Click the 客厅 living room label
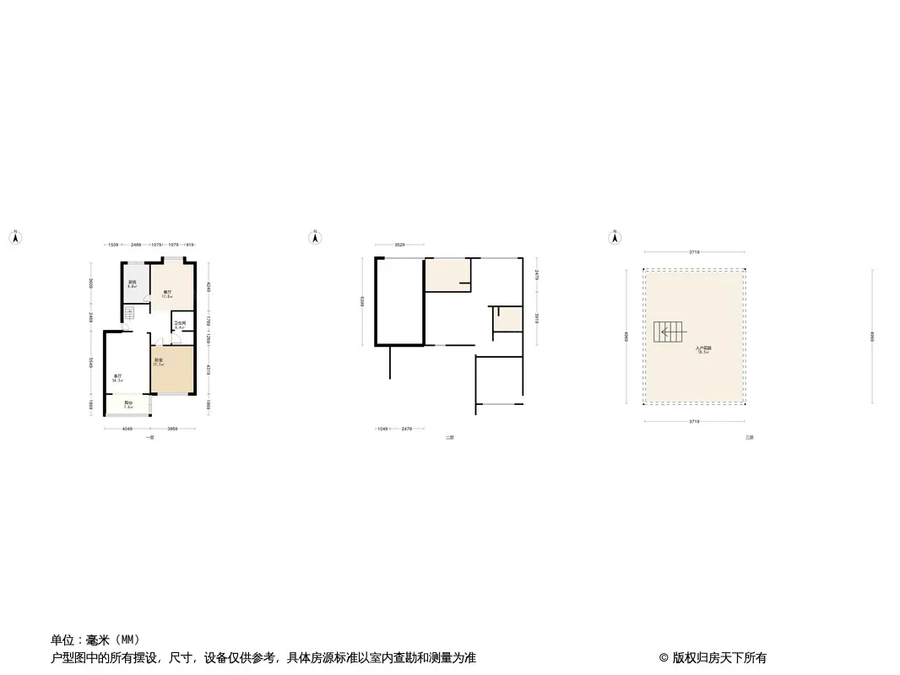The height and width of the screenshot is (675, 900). [x=118, y=378]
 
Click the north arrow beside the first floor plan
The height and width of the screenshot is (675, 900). [x=14, y=237]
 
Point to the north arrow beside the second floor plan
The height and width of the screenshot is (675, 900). [x=315, y=237]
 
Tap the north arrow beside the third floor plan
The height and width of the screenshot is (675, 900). [x=616, y=237]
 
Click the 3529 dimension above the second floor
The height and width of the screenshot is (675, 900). [x=399, y=245]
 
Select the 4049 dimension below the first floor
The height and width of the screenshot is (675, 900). [x=127, y=429]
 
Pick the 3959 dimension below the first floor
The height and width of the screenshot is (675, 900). [x=172, y=429]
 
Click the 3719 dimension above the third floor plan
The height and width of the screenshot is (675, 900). [x=694, y=251]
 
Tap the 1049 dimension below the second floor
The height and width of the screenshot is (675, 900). [x=382, y=429]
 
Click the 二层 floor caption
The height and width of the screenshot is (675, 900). [x=450, y=438]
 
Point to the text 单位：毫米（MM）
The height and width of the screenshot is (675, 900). [x=95, y=640]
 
